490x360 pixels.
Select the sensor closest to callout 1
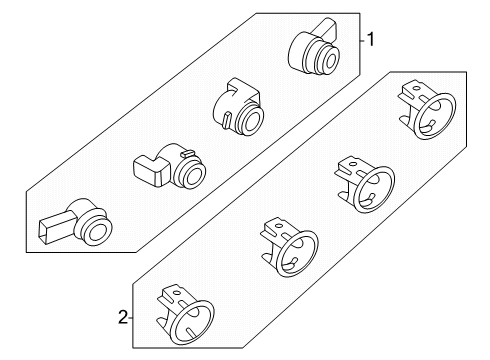tap(313, 48)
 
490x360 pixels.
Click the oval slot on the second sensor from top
tap(229, 120)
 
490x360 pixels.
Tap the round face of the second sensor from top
tap(251, 124)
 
